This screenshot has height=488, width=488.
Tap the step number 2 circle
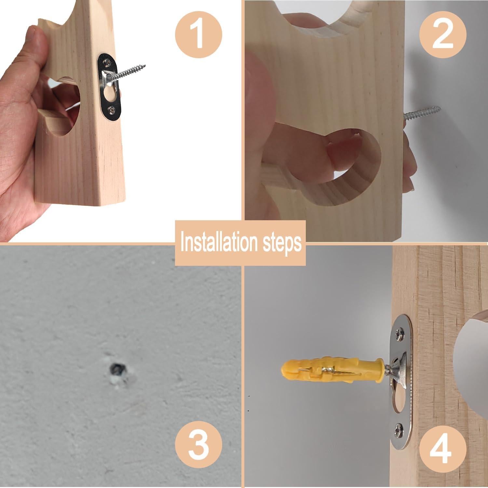pos(443,36)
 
